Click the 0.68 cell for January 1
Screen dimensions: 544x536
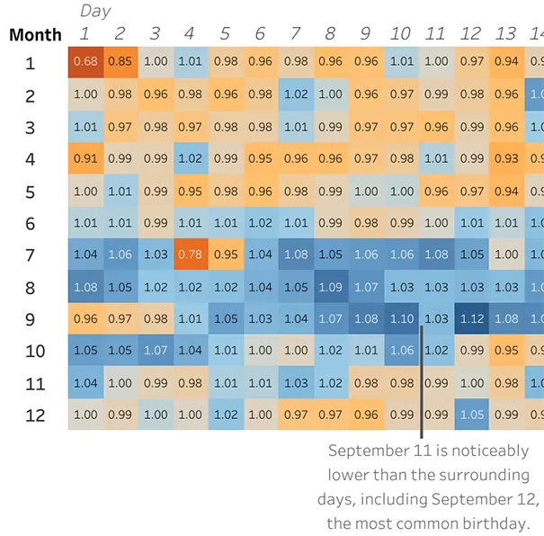point(85,62)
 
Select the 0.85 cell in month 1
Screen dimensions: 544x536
point(120,62)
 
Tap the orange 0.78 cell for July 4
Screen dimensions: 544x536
point(191,255)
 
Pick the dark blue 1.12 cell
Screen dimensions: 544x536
point(471,318)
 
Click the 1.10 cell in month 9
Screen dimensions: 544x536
point(401,318)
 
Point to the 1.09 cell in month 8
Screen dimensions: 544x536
point(331,287)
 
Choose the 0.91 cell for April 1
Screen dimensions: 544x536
point(85,158)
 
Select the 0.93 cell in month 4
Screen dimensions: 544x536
point(506,158)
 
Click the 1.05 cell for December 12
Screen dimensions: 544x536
point(471,415)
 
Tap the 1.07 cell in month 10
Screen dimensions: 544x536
point(156,350)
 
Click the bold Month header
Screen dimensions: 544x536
point(35,35)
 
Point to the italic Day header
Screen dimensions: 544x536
point(95,11)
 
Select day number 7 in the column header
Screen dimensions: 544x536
point(295,33)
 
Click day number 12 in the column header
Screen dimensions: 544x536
point(469,33)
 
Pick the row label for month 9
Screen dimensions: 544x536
point(31,319)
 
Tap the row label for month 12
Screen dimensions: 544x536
point(35,415)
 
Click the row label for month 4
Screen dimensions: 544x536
point(31,159)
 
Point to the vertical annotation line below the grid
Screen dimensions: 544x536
point(422,382)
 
